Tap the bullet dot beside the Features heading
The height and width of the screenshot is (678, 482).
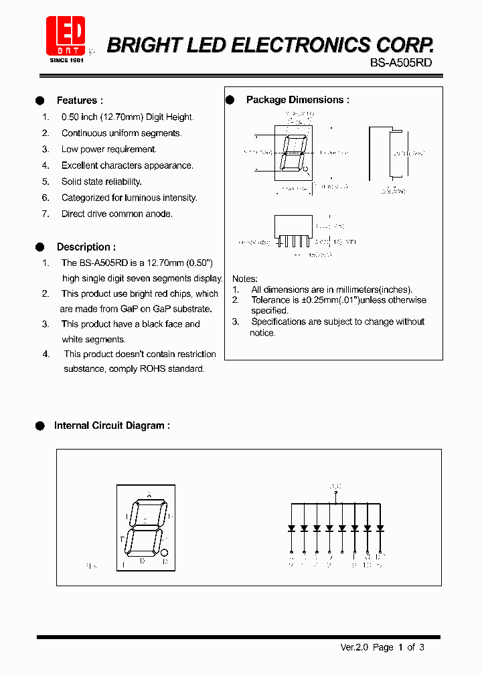tap(39, 100)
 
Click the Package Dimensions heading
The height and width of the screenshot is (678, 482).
tap(297, 100)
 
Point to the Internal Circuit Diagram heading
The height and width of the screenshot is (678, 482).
tap(112, 425)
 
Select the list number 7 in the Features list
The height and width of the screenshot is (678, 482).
tap(46, 214)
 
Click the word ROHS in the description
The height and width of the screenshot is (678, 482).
tap(153, 368)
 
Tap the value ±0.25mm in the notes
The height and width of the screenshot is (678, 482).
tap(322, 300)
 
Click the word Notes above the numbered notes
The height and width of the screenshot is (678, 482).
tap(244, 279)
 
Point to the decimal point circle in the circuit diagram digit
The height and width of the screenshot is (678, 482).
tap(165, 552)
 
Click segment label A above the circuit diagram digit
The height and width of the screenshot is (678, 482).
tap(149, 494)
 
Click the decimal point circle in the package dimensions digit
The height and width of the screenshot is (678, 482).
tap(306, 170)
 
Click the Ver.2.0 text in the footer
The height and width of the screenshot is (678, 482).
tap(354, 647)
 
